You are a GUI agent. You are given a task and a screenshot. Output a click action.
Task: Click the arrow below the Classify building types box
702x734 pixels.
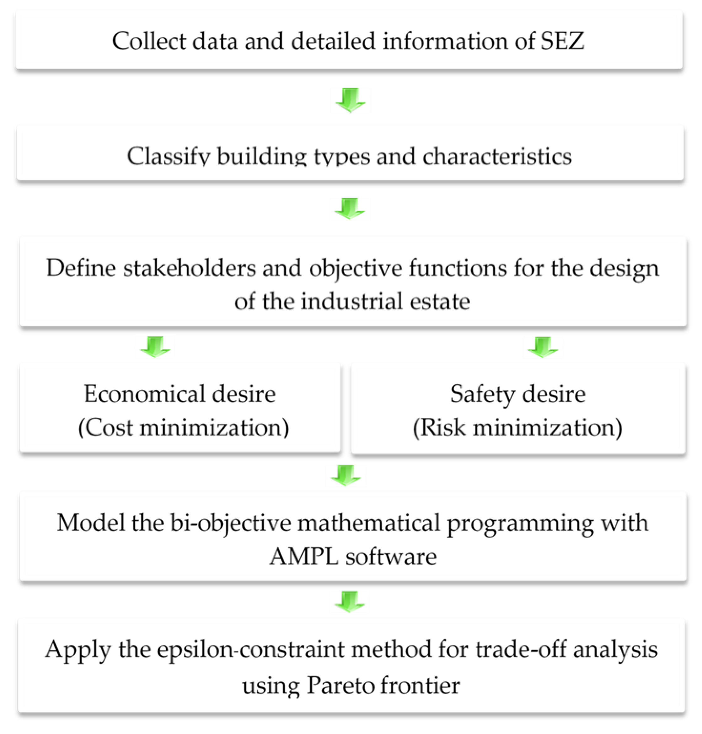[350, 208]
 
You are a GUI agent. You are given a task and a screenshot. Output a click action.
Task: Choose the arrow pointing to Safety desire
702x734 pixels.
[543, 347]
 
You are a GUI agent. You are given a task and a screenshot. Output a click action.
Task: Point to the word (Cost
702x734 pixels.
[105, 427]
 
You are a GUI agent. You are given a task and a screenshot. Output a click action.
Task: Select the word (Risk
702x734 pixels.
[439, 427]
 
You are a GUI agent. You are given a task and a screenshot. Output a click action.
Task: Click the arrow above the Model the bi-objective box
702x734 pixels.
[346, 475]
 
